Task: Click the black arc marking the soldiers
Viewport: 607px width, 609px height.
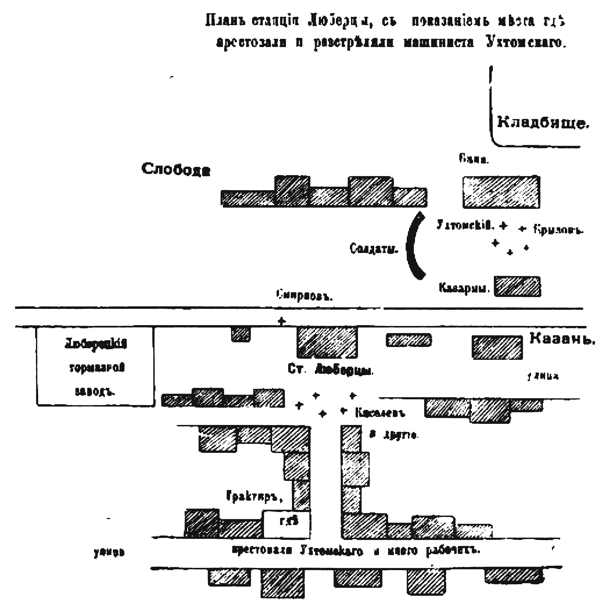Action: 411,246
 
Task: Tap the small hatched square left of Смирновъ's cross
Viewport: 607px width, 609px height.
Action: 241,334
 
